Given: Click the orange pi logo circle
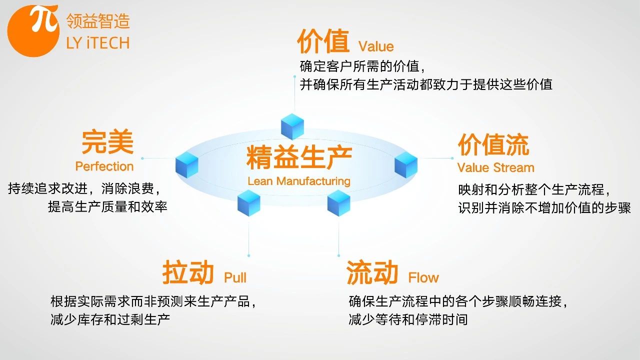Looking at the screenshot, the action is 33,31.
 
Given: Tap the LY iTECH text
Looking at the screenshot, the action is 98,43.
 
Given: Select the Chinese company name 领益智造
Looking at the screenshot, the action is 98,21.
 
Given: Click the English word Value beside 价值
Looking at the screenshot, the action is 376,46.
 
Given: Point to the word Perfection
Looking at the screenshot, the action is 104,166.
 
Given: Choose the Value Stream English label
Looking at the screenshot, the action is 495,167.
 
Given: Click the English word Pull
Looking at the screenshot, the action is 235,277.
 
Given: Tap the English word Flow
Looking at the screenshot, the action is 423,277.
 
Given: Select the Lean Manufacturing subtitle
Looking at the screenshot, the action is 299,181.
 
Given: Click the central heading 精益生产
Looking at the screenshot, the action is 299,157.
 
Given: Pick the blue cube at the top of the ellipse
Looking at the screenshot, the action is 292,126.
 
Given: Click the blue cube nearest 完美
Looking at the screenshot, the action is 187,165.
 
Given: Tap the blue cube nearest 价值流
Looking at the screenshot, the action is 405,165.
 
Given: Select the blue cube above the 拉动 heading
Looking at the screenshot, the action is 248,203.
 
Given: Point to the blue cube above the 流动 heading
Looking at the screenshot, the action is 338,203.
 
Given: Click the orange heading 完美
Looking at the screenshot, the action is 107,141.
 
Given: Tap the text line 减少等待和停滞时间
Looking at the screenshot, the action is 408,319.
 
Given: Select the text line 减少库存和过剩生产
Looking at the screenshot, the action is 110,319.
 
